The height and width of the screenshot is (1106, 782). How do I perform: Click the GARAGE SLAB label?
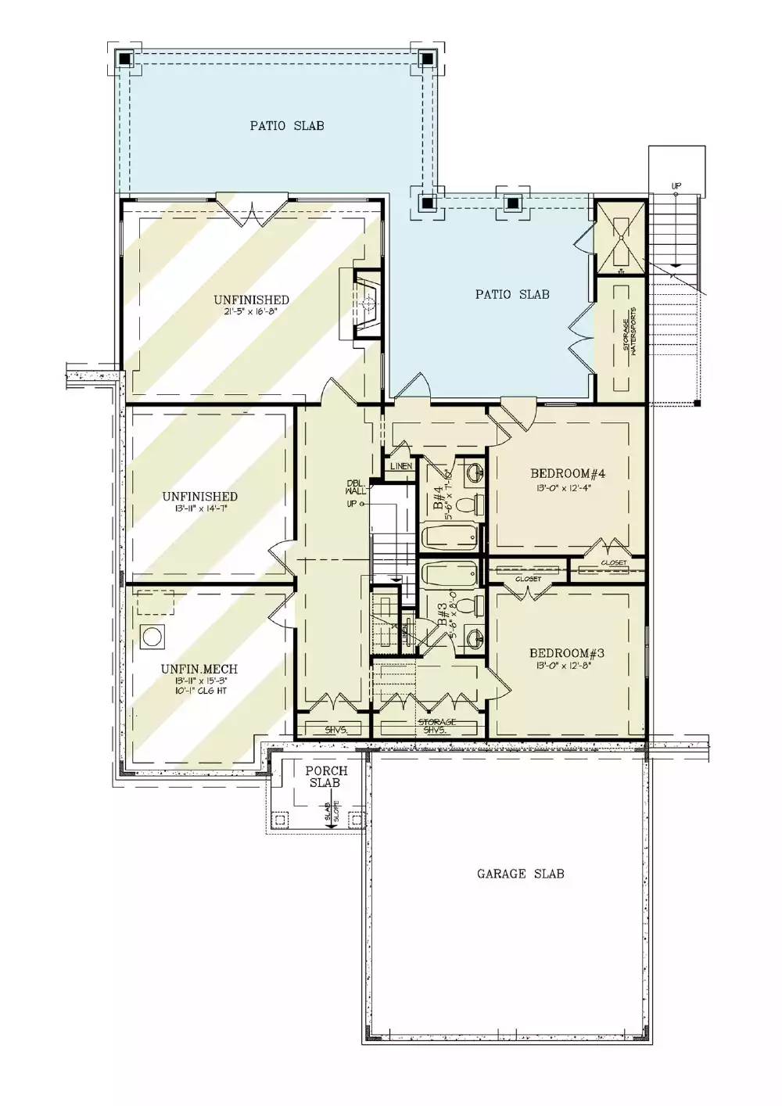click(520, 874)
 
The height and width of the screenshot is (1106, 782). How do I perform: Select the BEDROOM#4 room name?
click(568, 473)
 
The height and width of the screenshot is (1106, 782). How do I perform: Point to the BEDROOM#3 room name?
click(567, 653)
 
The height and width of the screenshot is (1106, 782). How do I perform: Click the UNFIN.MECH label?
click(199, 669)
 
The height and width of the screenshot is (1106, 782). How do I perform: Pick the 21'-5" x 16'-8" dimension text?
click(251, 311)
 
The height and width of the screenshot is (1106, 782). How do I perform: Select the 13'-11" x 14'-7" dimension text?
click(200, 508)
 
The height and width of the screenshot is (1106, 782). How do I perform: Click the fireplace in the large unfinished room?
click(368, 303)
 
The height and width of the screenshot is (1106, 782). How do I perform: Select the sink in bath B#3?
click(475, 637)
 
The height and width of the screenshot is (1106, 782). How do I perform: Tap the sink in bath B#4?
click(474, 472)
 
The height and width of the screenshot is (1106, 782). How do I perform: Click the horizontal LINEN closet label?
click(401, 466)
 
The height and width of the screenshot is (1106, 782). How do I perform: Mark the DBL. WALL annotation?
click(355, 487)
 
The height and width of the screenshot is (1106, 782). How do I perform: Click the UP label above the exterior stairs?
click(676, 185)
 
